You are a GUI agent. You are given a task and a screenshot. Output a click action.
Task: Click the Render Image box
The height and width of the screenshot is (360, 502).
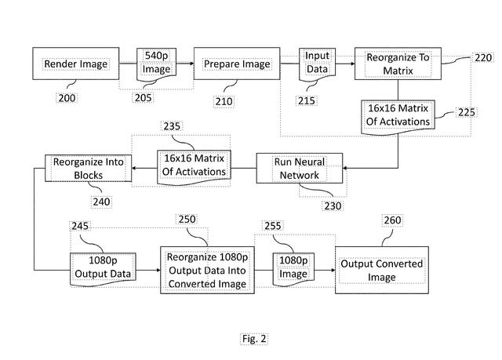point(75,64)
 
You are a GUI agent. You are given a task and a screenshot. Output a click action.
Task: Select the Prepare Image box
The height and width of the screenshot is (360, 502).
point(237,64)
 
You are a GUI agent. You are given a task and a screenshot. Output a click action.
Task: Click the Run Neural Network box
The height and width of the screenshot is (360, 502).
point(299,169)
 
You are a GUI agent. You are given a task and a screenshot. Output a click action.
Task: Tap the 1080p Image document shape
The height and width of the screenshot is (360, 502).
point(293,267)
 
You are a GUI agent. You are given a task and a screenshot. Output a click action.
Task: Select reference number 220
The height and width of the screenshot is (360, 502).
point(482,58)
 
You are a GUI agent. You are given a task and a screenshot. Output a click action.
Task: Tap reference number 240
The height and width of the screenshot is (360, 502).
point(101,202)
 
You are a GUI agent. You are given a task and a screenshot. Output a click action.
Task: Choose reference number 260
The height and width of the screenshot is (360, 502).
point(390,220)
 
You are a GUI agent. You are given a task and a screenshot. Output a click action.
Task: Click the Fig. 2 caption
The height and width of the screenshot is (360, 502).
point(254,339)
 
